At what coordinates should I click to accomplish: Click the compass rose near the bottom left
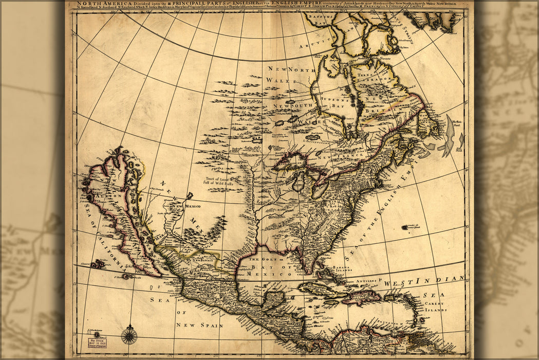(129, 336)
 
